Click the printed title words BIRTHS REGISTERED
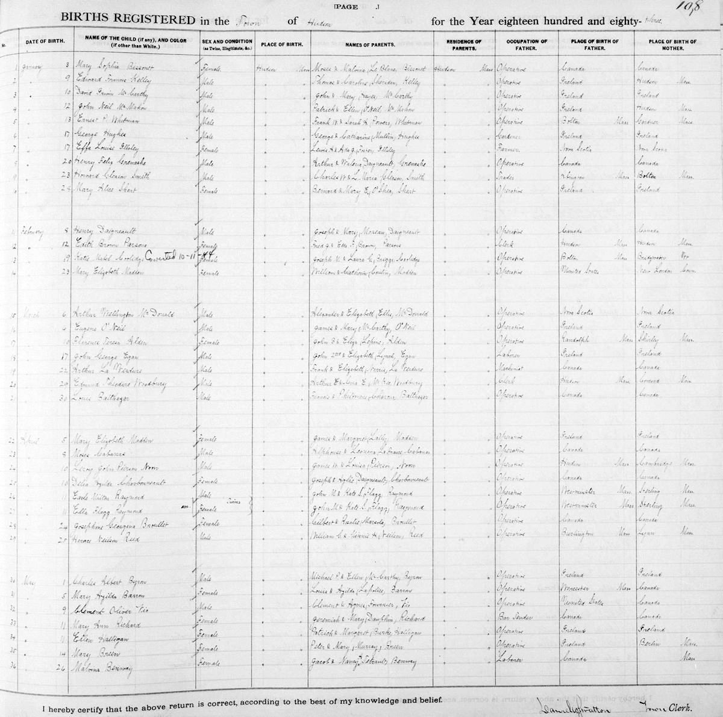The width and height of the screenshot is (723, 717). point(128,20)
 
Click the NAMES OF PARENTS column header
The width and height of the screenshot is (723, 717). point(370,45)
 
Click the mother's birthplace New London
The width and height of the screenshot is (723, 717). point(657,272)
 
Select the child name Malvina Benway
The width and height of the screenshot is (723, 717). point(102,668)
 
